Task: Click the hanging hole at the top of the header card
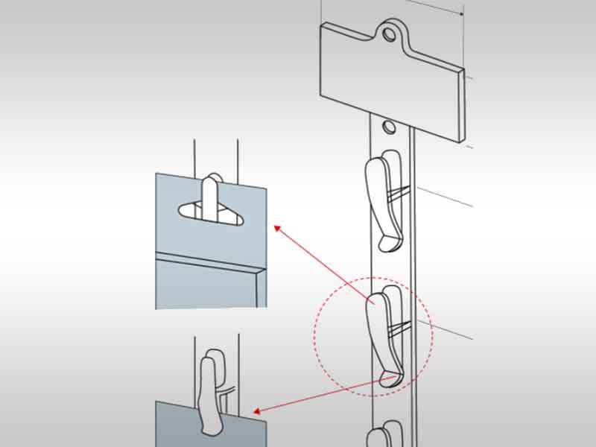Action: [389, 33]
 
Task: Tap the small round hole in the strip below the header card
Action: [388, 127]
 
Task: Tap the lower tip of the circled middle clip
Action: [389, 378]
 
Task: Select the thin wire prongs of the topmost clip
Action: [401, 194]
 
